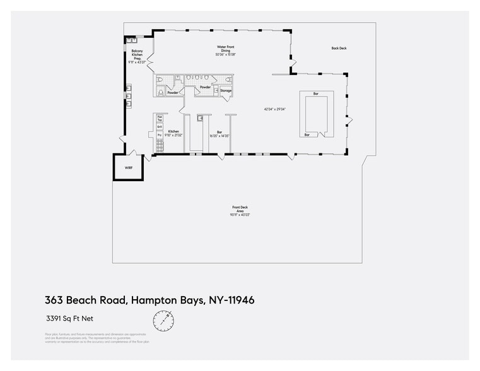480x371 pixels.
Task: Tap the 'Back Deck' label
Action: pyautogui.click(x=339, y=49)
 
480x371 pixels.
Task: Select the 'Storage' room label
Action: pyautogui.click(x=226, y=91)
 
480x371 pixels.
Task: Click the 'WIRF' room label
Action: pyautogui.click(x=129, y=168)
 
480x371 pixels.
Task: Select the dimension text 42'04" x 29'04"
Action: pyautogui.click(x=275, y=109)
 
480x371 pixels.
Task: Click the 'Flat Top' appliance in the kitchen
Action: pyautogui.click(x=160, y=118)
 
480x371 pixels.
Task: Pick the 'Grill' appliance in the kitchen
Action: pyautogui.click(x=160, y=127)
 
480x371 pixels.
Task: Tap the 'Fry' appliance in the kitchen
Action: pyautogui.click(x=160, y=135)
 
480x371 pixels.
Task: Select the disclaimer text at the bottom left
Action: pyautogui.click(x=97, y=338)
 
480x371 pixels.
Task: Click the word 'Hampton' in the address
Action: pyautogui.click(x=154, y=300)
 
